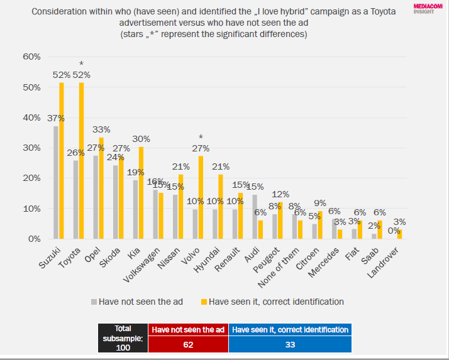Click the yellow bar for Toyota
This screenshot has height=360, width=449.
tap(81, 161)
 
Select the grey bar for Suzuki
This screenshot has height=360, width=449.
tap(55, 183)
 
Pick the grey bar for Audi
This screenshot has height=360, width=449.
tap(254, 217)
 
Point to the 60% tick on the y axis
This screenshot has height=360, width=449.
tap(31, 57)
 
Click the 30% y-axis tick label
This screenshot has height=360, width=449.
tap(31, 148)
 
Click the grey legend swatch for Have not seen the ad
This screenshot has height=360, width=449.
tap(95, 302)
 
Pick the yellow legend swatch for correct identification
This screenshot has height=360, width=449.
tap(202, 302)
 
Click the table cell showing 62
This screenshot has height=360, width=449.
tap(187, 344)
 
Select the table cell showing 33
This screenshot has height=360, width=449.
tap(289, 344)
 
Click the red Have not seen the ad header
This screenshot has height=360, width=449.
tap(187, 329)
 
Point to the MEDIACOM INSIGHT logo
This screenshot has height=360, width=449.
tap(427, 7)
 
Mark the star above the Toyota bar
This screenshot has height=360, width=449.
tap(81, 64)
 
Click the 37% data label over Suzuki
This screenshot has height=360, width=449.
tap(56, 117)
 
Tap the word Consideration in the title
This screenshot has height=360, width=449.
tap(60, 12)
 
